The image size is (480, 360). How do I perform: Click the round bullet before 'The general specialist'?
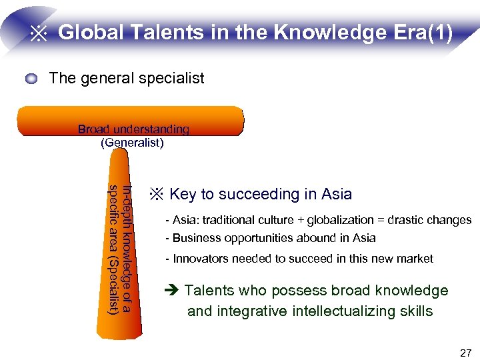click(x=32, y=79)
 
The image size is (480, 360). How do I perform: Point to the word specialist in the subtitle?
click(x=173, y=79)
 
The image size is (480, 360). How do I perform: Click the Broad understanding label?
click(x=133, y=129)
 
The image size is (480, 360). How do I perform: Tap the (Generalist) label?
click(x=132, y=142)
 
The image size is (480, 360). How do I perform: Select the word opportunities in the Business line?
click(x=261, y=238)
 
